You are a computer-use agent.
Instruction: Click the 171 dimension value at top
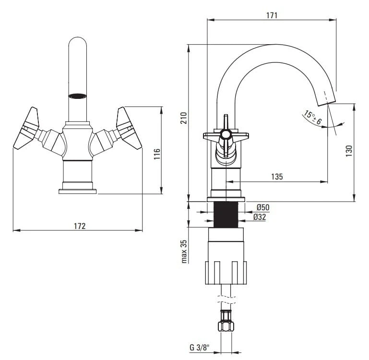(272, 15)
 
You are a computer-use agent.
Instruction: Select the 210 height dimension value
(183, 119)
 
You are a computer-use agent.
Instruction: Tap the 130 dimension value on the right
(349, 150)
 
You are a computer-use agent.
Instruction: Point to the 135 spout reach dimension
(277, 177)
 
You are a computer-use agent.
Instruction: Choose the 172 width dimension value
(80, 226)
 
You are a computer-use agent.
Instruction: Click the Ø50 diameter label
(262, 207)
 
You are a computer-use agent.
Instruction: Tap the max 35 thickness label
(183, 251)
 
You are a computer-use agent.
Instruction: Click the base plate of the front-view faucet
(77, 192)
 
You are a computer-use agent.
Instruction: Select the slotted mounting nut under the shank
(226, 272)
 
